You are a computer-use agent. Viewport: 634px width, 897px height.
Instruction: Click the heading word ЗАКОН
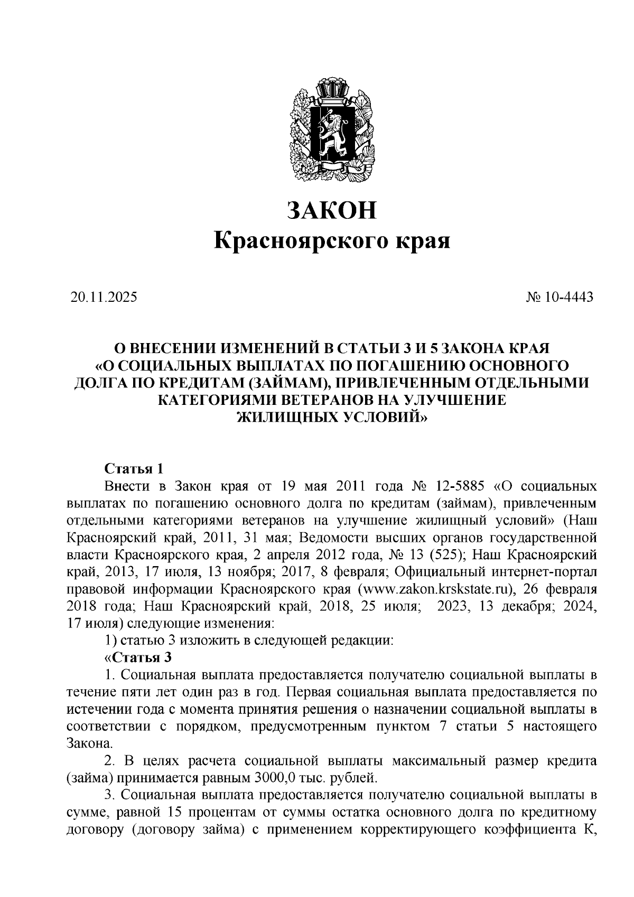coord(332,210)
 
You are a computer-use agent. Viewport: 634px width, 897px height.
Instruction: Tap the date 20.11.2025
coord(103,297)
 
